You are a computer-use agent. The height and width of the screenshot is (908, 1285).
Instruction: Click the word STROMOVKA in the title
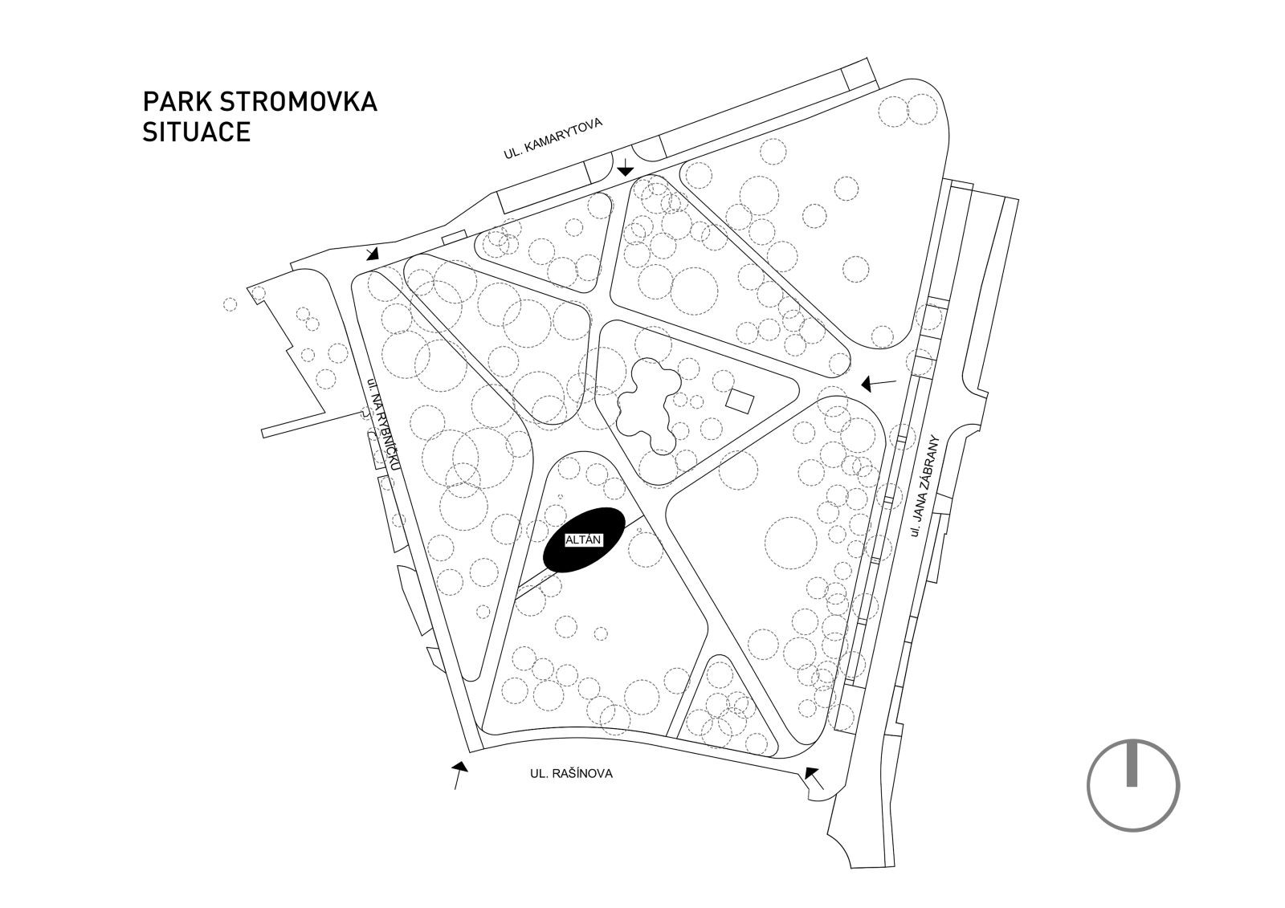click(x=298, y=101)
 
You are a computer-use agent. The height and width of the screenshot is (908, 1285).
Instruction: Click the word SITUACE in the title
click(x=197, y=132)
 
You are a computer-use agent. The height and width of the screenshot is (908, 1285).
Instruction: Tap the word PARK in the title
click(x=177, y=101)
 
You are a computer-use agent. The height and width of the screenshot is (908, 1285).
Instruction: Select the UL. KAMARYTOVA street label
click(x=553, y=138)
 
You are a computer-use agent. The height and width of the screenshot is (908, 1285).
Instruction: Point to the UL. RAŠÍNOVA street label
click(x=571, y=774)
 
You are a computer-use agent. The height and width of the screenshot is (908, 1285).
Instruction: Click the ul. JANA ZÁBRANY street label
click(x=924, y=486)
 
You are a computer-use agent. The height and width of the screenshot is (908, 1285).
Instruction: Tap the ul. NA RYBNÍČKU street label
click(x=384, y=424)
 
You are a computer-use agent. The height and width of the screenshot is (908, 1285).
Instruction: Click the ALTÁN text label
click(x=583, y=540)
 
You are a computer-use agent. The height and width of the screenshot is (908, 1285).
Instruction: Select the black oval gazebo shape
click(x=585, y=540)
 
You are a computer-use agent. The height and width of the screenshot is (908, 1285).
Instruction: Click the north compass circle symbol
click(x=1133, y=785)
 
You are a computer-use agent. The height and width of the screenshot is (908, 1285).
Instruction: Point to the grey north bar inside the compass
click(x=1132, y=763)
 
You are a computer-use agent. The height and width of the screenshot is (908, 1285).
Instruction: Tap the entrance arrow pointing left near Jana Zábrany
click(x=879, y=383)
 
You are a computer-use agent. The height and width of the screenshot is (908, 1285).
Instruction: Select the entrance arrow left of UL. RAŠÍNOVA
click(x=459, y=776)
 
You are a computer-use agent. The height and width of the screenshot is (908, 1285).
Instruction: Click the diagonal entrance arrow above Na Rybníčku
click(x=373, y=253)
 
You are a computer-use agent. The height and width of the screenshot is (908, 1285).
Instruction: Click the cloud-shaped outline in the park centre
click(x=649, y=406)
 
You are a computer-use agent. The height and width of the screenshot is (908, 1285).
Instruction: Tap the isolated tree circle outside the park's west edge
click(x=230, y=304)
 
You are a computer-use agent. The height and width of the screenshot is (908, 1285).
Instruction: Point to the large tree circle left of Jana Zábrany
click(x=791, y=543)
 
